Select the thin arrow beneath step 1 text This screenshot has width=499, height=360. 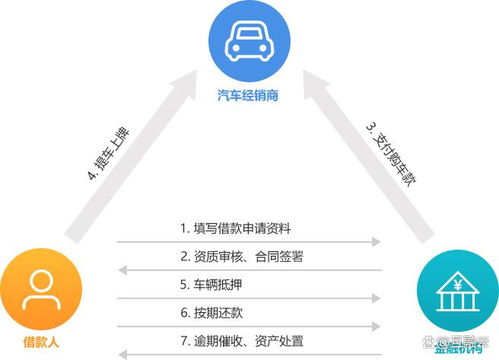249,241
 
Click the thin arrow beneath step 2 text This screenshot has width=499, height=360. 249,269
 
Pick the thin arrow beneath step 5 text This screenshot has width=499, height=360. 249,297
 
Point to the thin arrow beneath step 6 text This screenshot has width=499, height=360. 249,325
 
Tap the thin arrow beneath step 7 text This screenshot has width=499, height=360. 249,353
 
